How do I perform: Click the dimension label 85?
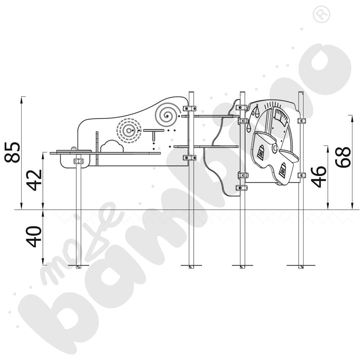coord(12,152)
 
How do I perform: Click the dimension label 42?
coord(34,180)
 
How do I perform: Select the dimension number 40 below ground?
coord(34,237)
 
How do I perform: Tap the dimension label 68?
coord(343,157)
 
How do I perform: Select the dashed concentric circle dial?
coord(129,131)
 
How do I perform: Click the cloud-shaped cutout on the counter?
coord(112,146)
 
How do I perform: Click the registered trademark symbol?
coord(321,14)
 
